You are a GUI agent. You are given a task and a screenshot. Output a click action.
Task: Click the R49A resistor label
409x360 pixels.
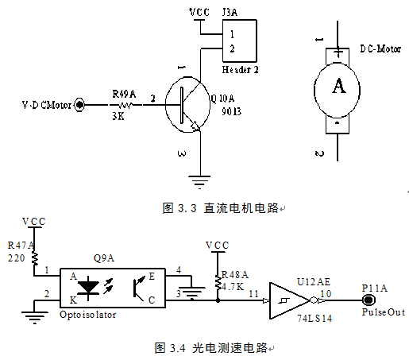click(x=124, y=94)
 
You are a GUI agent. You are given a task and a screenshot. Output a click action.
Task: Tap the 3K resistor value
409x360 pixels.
click(x=118, y=116)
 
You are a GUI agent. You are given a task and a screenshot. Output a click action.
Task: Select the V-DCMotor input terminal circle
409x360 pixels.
click(x=79, y=105)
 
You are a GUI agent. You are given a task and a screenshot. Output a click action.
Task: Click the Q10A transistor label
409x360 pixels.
click(x=222, y=99)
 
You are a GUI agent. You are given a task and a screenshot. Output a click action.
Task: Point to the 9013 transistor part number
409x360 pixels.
click(x=231, y=111)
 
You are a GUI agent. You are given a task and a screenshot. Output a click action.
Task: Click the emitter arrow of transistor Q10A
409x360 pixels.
click(x=195, y=126)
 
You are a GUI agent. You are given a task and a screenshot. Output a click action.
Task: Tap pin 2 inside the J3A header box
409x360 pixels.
click(x=232, y=48)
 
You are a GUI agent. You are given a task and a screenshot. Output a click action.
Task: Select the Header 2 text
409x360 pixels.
click(x=240, y=70)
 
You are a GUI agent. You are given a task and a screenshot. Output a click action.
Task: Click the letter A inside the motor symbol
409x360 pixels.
click(x=339, y=86)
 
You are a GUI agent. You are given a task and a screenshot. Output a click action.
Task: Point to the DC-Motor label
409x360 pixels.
click(x=380, y=48)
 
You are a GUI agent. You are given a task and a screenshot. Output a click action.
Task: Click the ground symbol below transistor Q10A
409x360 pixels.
click(x=199, y=182)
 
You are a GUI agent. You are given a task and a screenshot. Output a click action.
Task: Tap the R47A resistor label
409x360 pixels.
click(x=21, y=246)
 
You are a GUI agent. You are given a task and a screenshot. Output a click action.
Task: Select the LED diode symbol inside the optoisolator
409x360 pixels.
click(x=88, y=288)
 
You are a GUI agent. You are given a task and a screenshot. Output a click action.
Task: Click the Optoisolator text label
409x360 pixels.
click(x=88, y=315)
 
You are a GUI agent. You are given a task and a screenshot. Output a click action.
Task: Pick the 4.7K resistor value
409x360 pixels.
click(x=233, y=286)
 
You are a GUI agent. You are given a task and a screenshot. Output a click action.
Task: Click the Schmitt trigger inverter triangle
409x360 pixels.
click(x=290, y=300)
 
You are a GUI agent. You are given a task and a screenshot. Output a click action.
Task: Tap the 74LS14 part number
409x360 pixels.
click(x=314, y=318)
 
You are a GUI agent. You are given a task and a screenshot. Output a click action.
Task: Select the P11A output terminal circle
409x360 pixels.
click(x=368, y=300)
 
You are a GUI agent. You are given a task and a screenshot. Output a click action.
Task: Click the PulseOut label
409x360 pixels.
click(x=384, y=312)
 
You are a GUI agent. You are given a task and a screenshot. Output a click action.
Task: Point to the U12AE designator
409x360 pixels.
click(x=314, y=282)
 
